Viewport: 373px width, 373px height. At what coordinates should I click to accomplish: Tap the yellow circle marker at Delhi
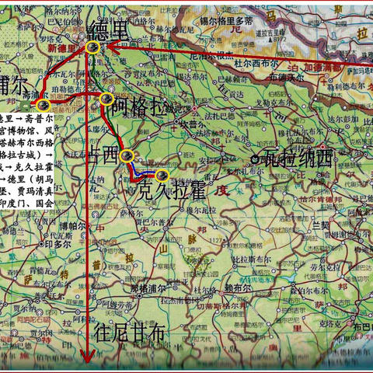click(92, 47)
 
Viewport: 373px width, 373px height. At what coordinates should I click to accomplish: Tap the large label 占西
click(105, 153)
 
